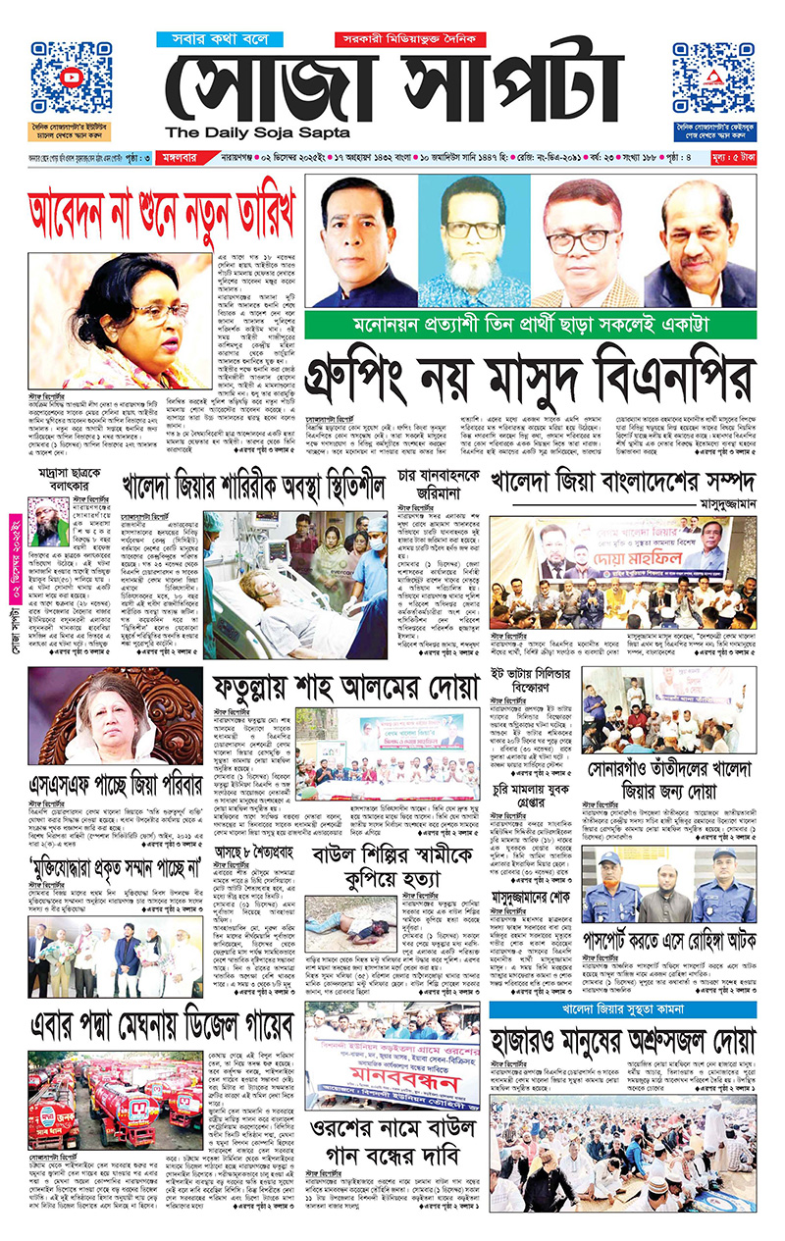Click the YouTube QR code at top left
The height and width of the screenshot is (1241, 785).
pos(71,78)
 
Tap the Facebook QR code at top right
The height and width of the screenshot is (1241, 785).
pos(713,78)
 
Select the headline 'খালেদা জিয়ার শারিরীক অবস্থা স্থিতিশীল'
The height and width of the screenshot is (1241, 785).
pos(252,485)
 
